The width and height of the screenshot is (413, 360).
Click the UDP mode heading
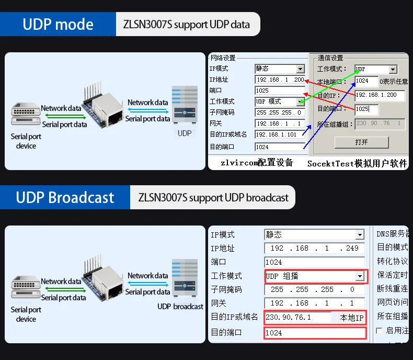58,24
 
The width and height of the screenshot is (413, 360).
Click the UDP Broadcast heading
65,197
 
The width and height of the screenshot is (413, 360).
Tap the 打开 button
361,142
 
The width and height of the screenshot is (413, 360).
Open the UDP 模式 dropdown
300,102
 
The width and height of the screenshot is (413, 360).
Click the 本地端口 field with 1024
366,81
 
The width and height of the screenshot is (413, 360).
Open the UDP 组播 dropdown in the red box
360,276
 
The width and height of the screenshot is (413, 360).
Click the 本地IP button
352,318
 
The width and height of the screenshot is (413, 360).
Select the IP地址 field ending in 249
314,249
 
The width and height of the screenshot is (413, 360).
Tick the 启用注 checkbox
379,331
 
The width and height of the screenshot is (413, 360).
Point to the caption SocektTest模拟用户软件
357,164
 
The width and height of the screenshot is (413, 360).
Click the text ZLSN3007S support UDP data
186,25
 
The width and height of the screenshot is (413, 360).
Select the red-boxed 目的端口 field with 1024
314,332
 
